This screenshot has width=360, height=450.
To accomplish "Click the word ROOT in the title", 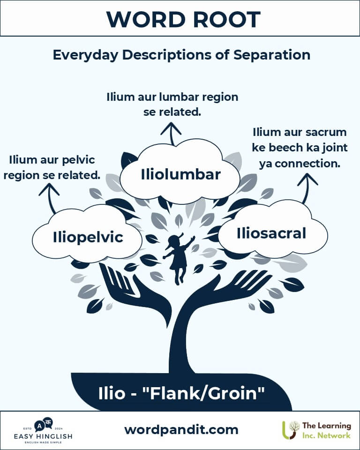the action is (x=227, y=20).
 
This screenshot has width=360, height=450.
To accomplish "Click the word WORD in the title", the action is (x=146, y=20).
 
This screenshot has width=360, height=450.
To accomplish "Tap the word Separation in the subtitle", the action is (x=271, y=54).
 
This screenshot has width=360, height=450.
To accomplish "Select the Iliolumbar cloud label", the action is (x=180, y=174).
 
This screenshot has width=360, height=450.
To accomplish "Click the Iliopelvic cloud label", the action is (x=88, y=237).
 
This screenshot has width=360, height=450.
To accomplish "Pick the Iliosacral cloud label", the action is (x=271, y=233).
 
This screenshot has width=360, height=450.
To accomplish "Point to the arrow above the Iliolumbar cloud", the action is (x=171, y=134).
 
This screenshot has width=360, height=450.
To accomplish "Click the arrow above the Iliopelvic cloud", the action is (x=50, y=198).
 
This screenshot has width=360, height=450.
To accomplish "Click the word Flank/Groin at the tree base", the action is (x=203, y=393).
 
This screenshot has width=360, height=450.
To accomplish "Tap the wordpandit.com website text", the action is (x=181, y=430).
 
